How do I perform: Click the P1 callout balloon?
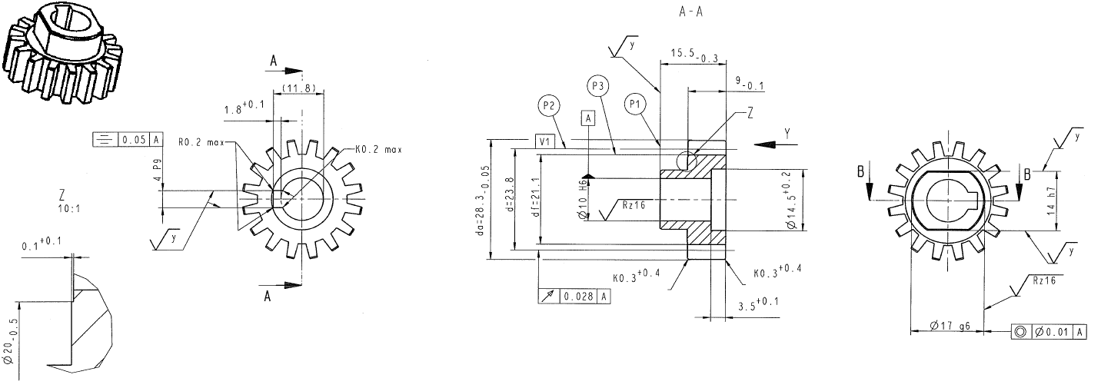pos(634,104)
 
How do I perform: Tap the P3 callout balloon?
pos(597,85)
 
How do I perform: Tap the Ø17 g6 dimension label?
pos(948,326)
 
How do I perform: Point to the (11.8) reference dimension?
pos(298,89)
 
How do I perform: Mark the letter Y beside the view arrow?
pos(787,133)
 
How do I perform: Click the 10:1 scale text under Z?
pos(68,208)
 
